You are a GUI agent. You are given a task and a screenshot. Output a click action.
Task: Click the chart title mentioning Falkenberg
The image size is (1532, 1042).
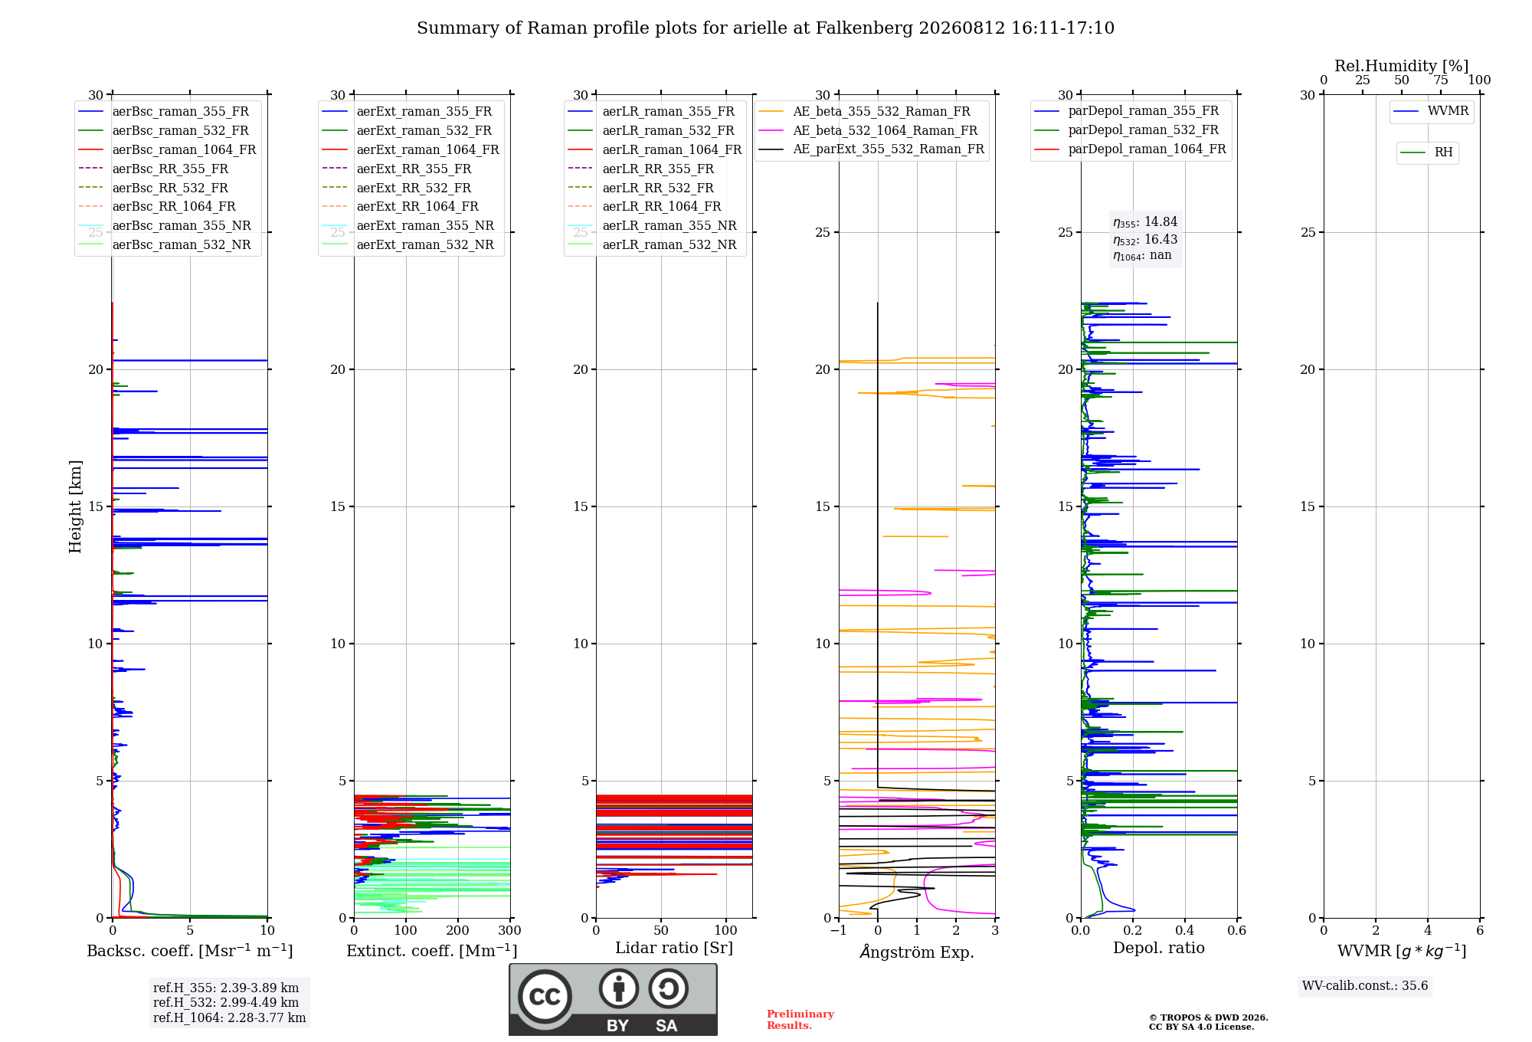pyautogui.click(x=765, y=28)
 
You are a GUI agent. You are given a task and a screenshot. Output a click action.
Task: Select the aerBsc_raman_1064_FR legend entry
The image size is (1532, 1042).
pyautogui.click(x=167, y=150)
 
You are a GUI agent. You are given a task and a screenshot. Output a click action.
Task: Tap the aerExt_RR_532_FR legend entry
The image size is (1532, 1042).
pyautogui.click(x=397, y=188)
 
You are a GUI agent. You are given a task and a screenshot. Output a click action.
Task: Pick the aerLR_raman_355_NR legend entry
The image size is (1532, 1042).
pyautogui.click(x=652, y=226)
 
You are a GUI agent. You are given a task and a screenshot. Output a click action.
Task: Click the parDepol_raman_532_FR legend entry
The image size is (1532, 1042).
pyautogui.click(x=1126, y=130)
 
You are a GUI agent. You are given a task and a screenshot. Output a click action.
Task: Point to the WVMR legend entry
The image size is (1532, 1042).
pyautogui.click(x=1431, y=111)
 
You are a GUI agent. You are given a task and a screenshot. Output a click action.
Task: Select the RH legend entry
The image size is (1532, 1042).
pyautogui.click(x=1426, y=152)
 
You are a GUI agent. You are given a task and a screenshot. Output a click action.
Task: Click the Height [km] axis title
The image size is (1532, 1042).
pyautogui.click(x=75, y=506)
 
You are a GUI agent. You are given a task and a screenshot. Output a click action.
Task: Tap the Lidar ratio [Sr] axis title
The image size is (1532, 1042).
pyautogui.click(x=674, y=948)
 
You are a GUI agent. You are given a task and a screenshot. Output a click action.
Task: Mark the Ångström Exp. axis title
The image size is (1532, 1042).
pyautogui.click(x=917, y=952)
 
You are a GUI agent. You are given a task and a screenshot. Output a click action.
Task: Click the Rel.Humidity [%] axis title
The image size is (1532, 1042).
pyautogui.click(x=1402, y=66)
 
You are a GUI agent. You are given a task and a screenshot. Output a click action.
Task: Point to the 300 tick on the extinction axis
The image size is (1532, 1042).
pyautogui.click(x=509, y=931)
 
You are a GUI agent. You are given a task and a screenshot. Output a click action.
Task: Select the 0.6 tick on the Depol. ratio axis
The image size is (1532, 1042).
pyautogui.click(x=1236, y=931)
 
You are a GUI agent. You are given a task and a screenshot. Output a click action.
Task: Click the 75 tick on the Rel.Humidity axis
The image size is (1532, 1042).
pyautogui.click(x=1441, y=80)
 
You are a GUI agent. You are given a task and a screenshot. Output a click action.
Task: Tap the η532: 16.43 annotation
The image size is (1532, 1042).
pyautogui.click(x=1145, y=240)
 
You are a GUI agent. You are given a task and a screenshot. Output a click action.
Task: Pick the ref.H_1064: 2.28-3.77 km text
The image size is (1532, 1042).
pyautogui.click(x=229, y=1018)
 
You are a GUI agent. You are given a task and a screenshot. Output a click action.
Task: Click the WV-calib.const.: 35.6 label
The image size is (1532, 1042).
pyautogui.click(x=1365, y=986)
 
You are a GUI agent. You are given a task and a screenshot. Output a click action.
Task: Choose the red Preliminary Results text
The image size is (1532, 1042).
pyautogui.click(x=800, y=1020)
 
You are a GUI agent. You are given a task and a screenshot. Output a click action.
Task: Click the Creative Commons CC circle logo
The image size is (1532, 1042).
pyautogui.click(x=545, y=996)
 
